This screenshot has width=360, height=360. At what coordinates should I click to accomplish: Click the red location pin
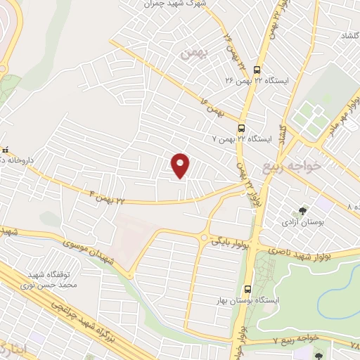tap(181, 165)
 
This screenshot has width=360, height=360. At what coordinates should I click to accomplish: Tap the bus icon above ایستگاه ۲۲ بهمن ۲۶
tap(255, 70)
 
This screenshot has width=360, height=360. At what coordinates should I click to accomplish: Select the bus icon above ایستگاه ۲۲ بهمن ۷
tap(241, 128)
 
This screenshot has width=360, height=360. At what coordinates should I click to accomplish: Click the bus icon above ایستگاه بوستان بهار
tap(247, 289)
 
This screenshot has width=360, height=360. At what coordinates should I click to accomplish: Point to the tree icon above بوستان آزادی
tap(302, 210)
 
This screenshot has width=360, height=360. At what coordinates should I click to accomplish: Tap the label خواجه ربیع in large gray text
tap(291, 166)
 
